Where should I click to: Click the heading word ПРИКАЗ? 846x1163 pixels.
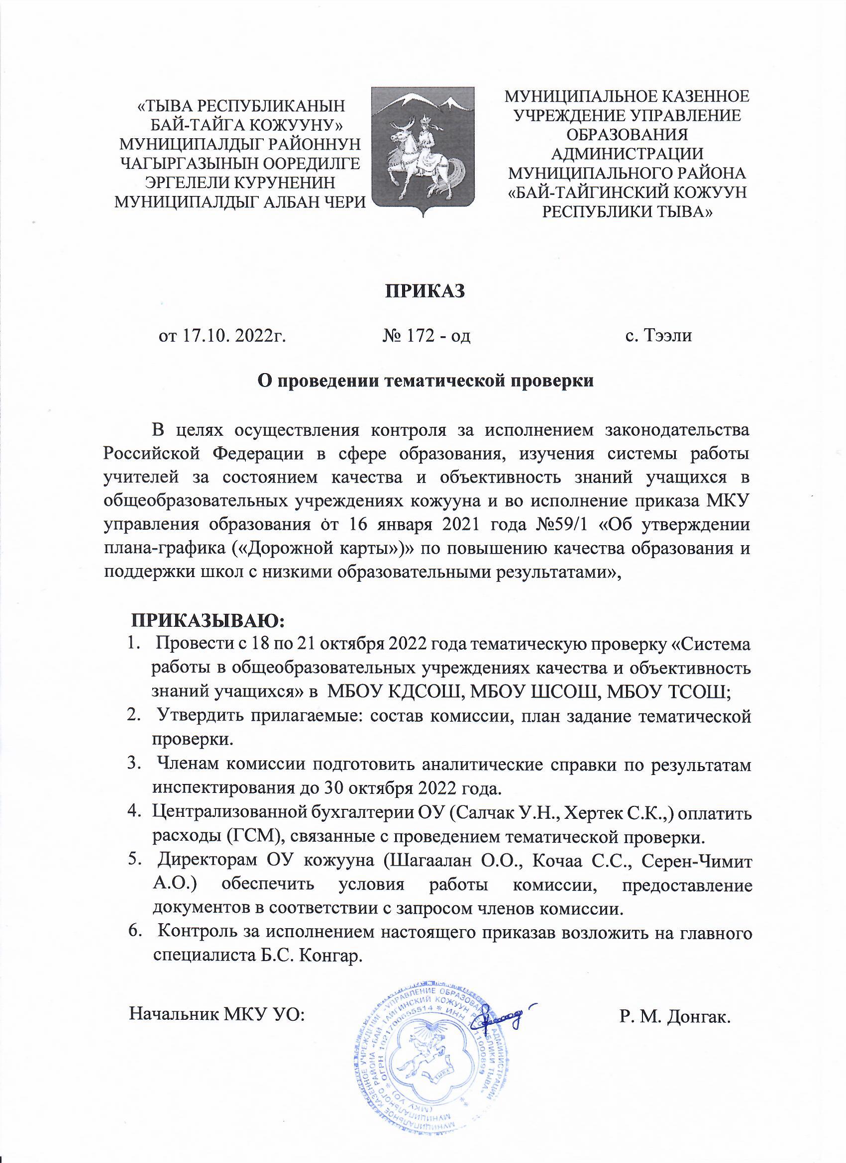424,291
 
